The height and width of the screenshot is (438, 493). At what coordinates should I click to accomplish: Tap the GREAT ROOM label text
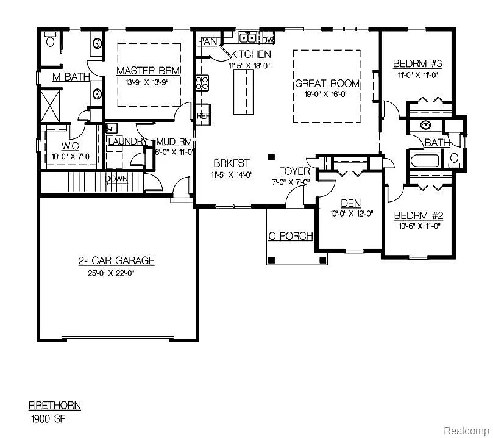coord(327,84)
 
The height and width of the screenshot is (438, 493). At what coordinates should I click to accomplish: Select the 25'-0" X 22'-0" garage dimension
coord(116,273)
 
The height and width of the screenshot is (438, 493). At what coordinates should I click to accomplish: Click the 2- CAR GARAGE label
coord(116,261)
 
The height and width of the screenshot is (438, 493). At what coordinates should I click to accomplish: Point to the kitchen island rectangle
coord(243,92)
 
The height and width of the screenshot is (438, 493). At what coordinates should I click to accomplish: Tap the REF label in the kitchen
coord(202,115)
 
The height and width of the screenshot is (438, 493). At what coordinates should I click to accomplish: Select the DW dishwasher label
coord(268,40)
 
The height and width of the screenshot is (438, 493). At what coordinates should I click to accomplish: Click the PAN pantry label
coord(208,41)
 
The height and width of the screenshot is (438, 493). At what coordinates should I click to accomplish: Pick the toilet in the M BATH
coord(51,40)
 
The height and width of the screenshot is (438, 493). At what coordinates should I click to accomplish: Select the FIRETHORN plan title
coord(54,406)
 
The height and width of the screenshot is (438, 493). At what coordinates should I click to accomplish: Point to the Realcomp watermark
coord(466,431)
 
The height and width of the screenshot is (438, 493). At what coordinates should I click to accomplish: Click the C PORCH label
coord(291,236)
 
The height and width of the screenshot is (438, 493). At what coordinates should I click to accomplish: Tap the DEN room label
coord(351,203)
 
